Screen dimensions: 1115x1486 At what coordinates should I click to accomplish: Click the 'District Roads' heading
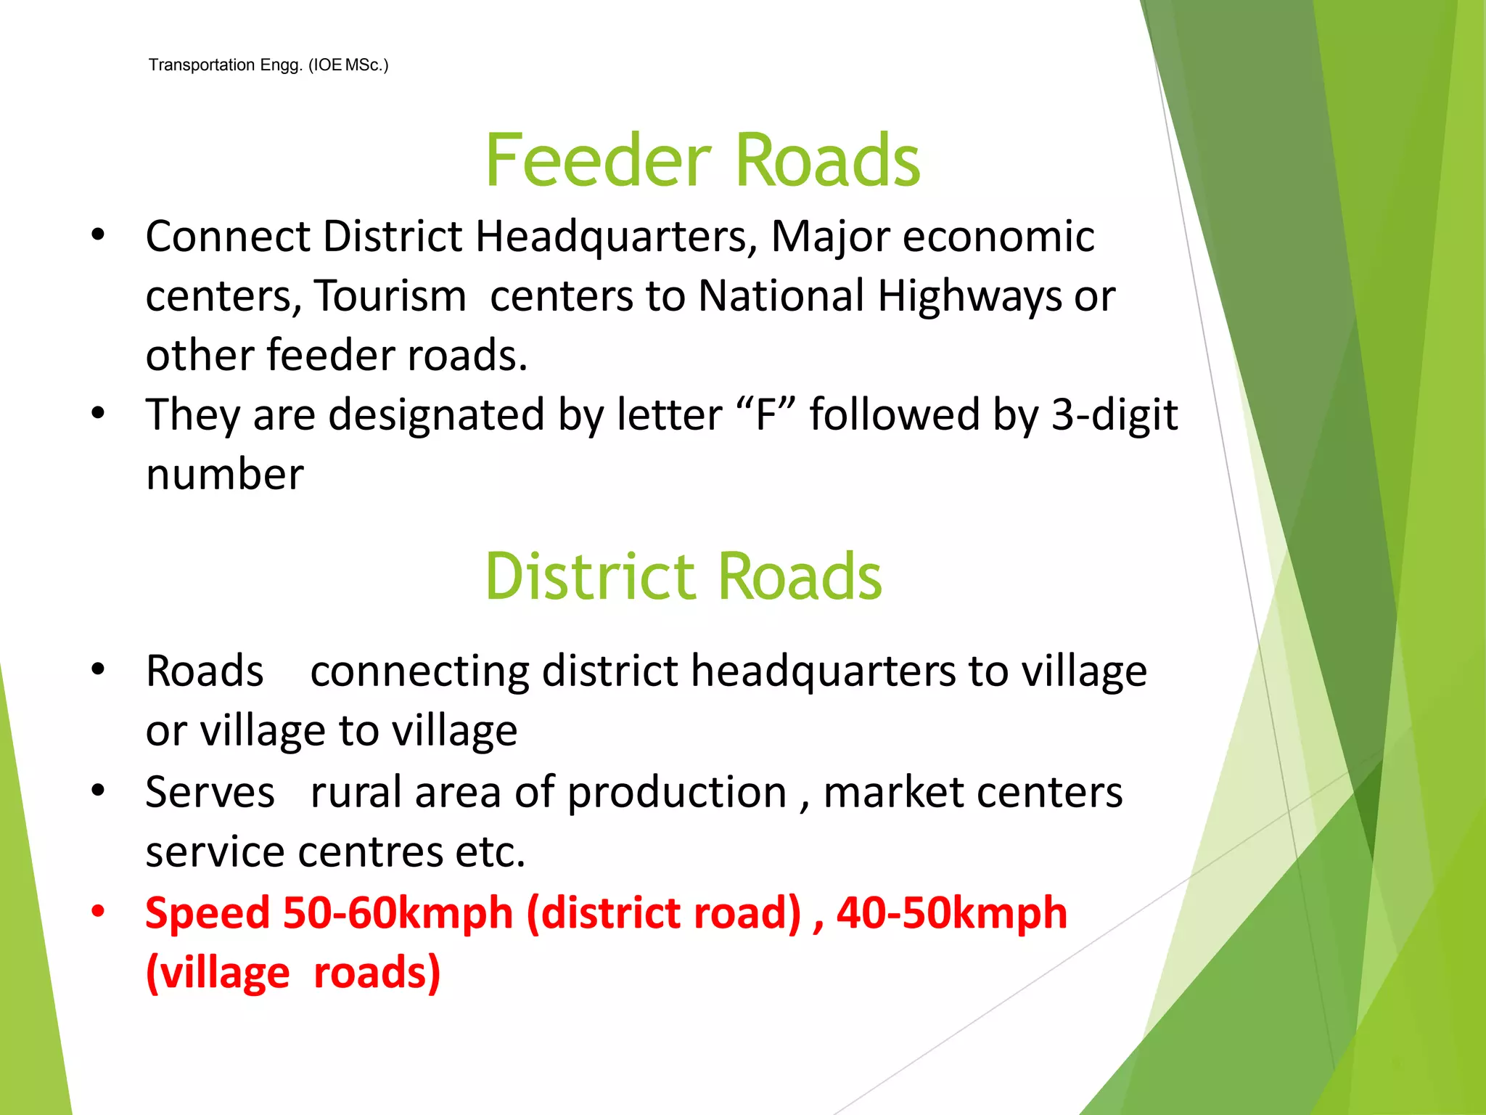point(684,576)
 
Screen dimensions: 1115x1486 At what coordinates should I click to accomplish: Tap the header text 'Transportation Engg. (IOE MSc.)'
point(268,65)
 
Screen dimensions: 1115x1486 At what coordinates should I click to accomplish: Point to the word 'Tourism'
point(390,296)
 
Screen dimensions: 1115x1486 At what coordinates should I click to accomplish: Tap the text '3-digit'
point(1114,416)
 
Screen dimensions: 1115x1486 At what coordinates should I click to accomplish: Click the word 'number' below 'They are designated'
point(225,475)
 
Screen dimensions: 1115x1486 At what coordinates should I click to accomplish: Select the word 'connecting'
point(419,671)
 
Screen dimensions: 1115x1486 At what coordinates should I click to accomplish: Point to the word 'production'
point(677,793)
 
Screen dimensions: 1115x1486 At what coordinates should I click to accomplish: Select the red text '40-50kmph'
point(952,913)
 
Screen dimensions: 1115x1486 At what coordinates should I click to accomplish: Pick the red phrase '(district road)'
point(664,913)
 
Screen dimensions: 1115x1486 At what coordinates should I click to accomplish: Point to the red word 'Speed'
point(208,913)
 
